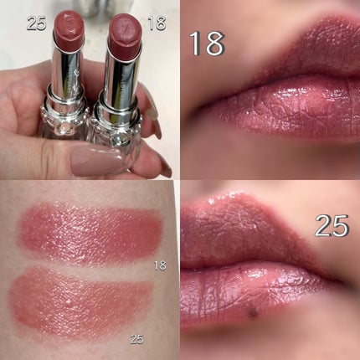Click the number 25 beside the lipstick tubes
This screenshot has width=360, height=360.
tap(37, 23)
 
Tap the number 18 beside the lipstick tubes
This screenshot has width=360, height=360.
tap(157, 23)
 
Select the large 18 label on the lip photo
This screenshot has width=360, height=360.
tap(208, 44)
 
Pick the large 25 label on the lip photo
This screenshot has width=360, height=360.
tap(332, 225)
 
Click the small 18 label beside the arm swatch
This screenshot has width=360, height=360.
tap(160, 265)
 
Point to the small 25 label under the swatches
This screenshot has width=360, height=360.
tap(137, 339)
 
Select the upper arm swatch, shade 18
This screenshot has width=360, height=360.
tap(90, 233)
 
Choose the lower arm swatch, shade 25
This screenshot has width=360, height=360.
tap(81, 303)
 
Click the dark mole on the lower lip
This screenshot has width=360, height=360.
tap(253, 314)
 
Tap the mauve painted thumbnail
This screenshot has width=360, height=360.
tap(96, 162)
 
